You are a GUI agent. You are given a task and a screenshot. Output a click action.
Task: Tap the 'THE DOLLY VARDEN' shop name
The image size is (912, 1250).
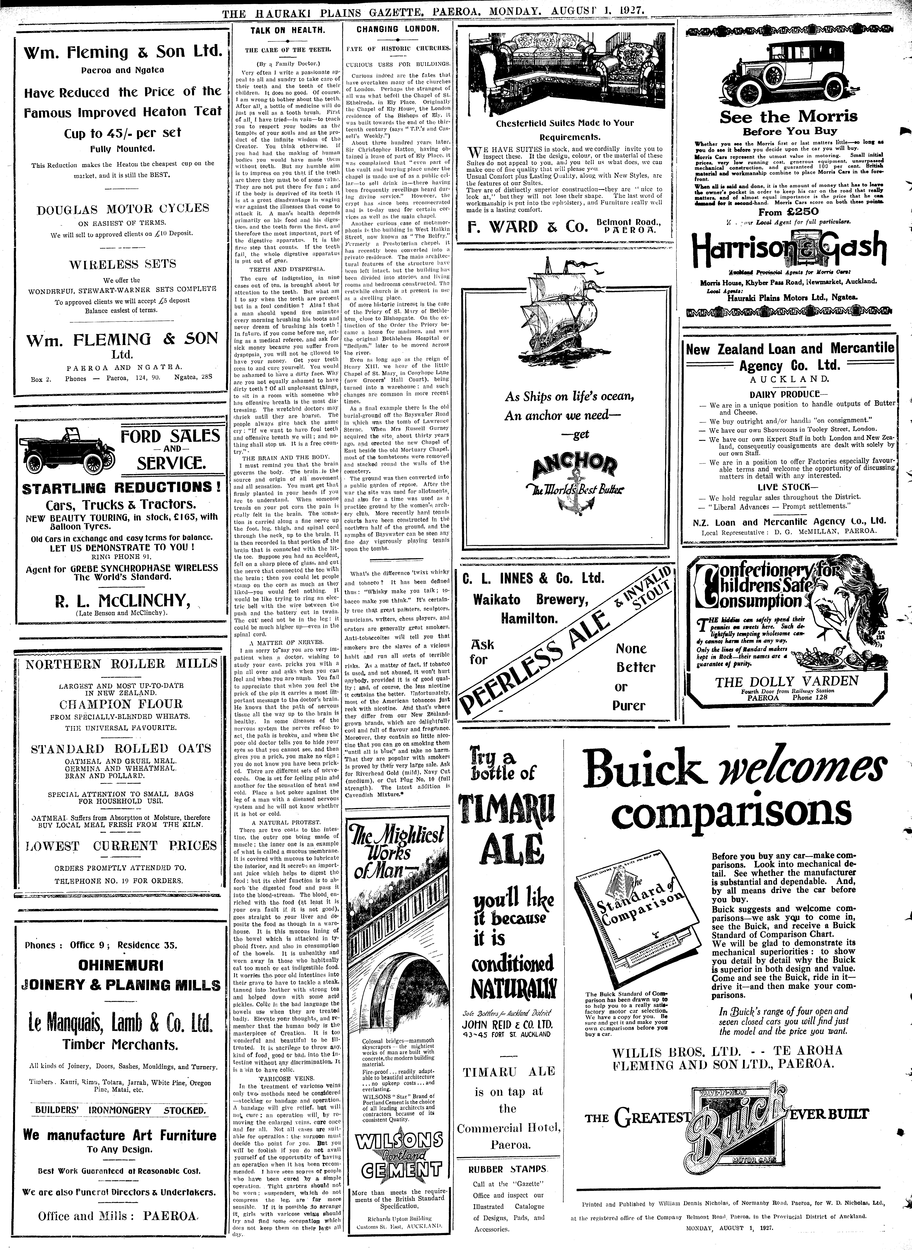(787, 681)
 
